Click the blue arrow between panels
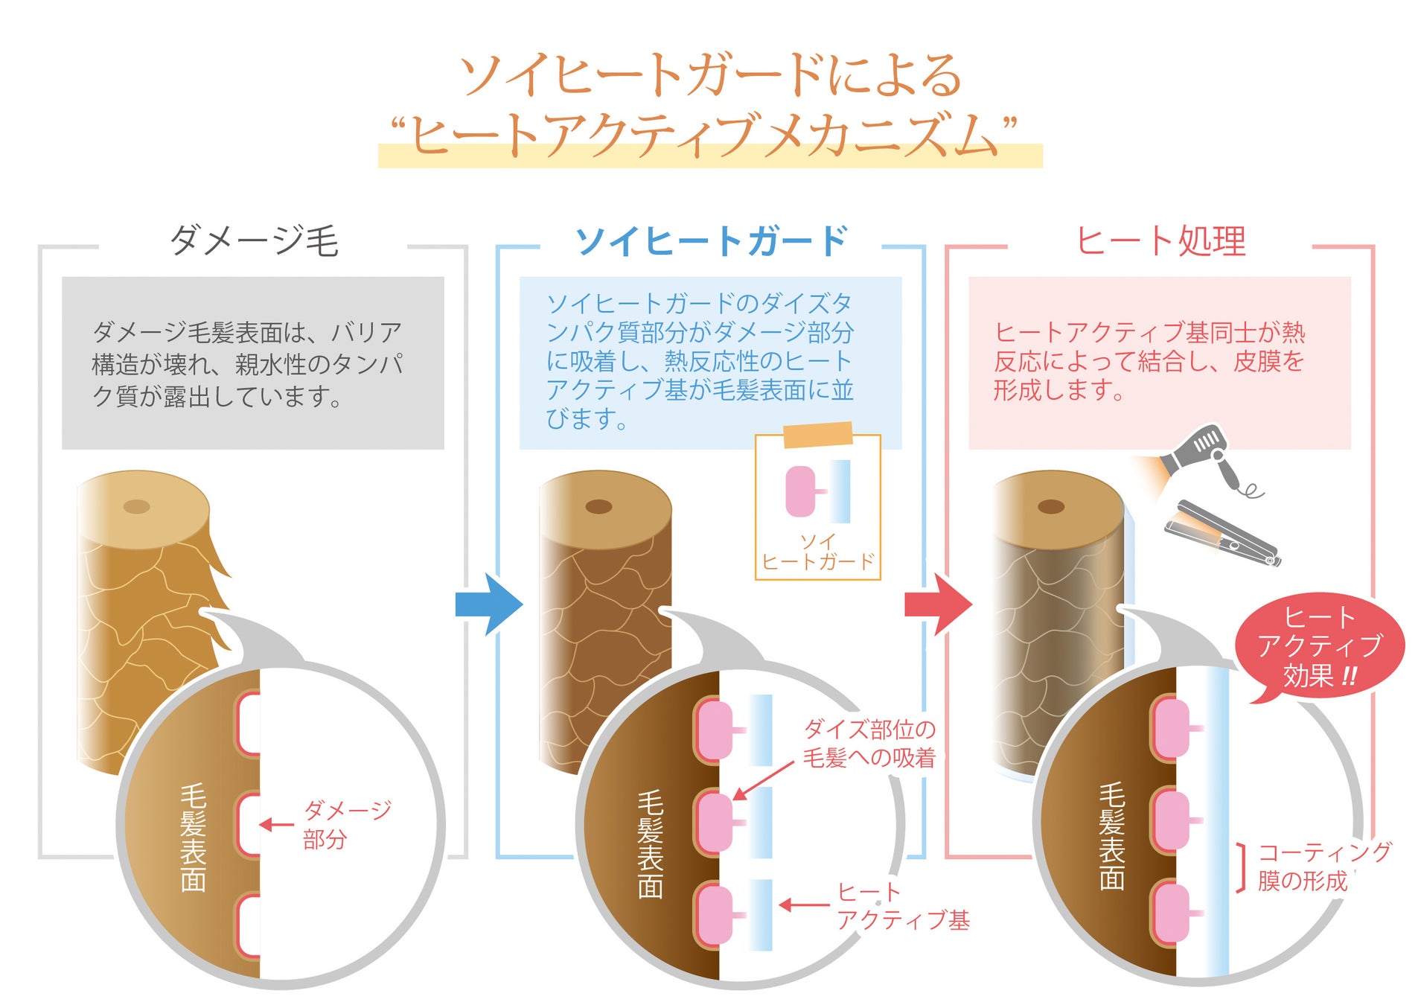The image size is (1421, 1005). pyautogui.click(x=488, y=604)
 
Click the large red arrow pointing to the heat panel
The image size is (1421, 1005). pyautogui.click(x=937, y=604)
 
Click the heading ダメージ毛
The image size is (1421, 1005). pyautogui.click(x=254, y=240)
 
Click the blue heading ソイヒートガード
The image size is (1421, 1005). pyautogui.click(x=711, y=240)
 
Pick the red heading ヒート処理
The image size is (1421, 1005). pyautogui.click(x=1160, y=240)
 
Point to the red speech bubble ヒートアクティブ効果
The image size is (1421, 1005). pyautogui.click(x=1319, y=647)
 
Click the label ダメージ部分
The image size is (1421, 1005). pyautogui.click(x=346, y=824)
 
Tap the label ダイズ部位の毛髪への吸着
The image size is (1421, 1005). pyautogui.click(x=869, y=743)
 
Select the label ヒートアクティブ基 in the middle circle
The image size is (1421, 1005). pyautogui.click(x=902, y=906)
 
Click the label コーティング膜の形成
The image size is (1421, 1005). pyautogui.click(x=1323, y=866)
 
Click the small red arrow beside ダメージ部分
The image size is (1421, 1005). pyautogui.click(x=277, y=824)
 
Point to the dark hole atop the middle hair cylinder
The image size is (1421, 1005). pyautogui.click(x=598, y=507)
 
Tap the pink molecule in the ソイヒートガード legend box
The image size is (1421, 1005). pyautogui.click(x=801, y=491)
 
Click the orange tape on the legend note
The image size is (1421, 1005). pyautogui.click(x=817, y=435)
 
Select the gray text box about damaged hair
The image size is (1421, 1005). pyautogui.click(x=252, y=363)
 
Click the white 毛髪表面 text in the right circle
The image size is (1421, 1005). pyautogui.click(x=1111, y=835)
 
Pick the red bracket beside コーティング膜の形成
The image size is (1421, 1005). pyautogui.click(x=1241, y=867)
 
